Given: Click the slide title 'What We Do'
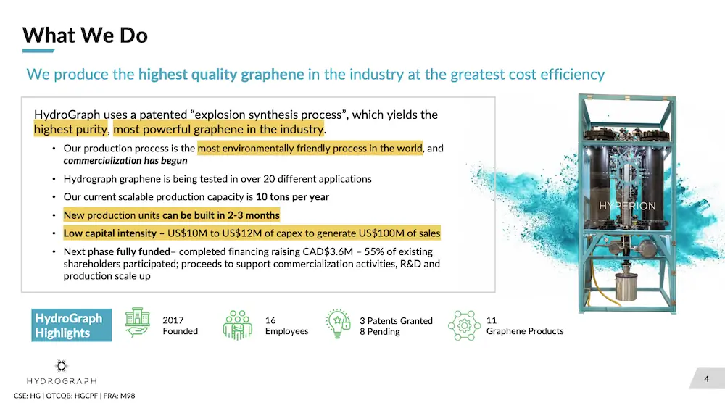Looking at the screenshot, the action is point(85,35).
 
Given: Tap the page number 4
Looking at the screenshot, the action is point(706,379).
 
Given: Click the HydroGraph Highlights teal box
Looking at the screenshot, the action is point(71,325).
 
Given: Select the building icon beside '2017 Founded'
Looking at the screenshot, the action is point(137,322).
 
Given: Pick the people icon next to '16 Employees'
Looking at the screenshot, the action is point(238,325).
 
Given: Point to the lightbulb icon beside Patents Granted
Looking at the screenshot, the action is point(338,324).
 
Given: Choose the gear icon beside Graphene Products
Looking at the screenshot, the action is point(464,326).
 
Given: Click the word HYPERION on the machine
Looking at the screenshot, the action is point(627,206).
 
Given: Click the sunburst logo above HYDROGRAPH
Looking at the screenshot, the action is point(62,366).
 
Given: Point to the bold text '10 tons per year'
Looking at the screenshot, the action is point(292,197).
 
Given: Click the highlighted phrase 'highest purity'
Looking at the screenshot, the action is point(71,130).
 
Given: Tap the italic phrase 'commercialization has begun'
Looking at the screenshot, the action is point(125,161).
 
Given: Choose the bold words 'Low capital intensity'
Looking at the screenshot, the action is point(110,233).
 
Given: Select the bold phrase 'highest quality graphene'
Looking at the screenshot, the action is point(221,75).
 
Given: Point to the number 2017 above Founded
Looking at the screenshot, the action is point(173,320).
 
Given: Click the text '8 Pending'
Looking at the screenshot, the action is point(380,332).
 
